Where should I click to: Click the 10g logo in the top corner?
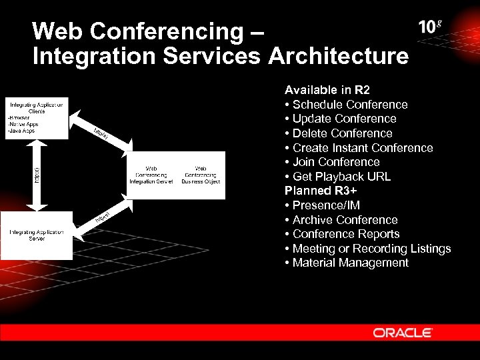point(430,27)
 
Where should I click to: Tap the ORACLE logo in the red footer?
point(403,332)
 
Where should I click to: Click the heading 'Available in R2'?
point(327,90)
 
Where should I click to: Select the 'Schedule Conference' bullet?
point(346,105)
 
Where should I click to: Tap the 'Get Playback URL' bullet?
point(338,177)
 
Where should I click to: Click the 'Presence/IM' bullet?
point(322,205)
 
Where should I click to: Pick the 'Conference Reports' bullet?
point(342,234)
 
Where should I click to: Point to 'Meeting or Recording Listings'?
point(368,249)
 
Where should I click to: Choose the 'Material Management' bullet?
point(347,263)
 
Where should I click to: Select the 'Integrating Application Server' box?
point(37,235)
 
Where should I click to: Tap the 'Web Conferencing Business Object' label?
point(201,175)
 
